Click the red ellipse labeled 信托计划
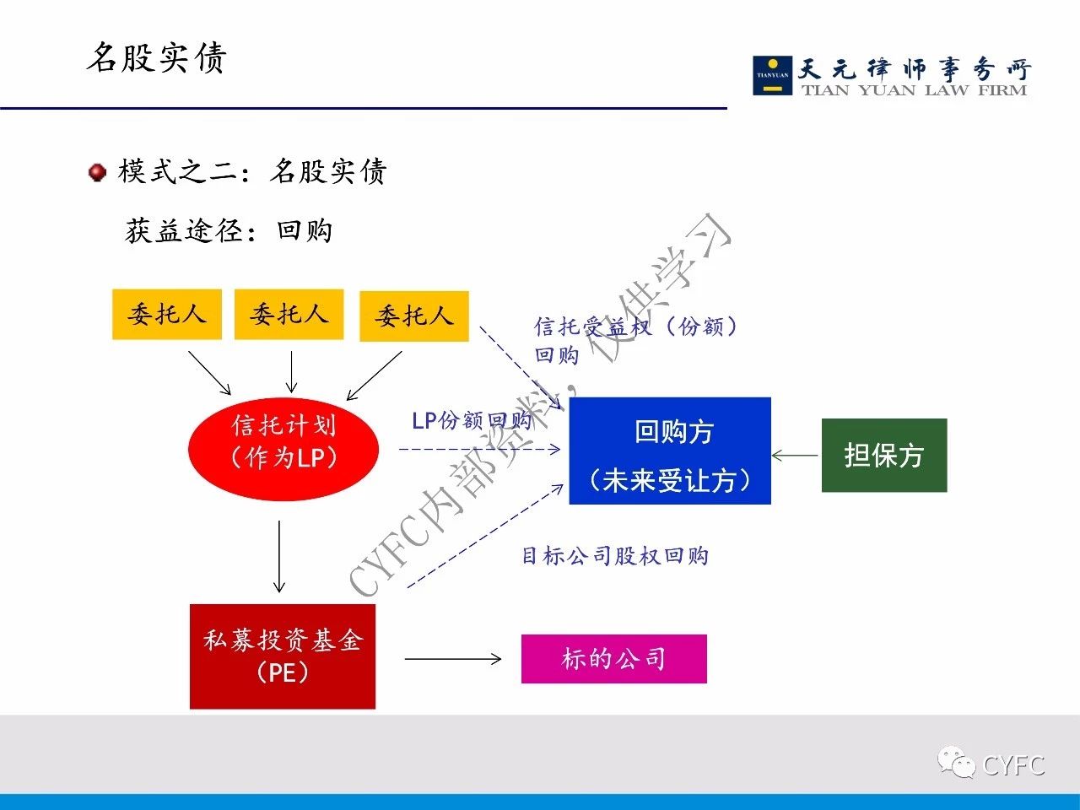283,449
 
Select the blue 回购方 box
670,451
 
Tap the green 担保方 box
884,455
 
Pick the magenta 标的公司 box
614,658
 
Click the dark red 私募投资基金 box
283,656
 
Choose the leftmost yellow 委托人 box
167,314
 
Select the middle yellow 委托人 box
289,314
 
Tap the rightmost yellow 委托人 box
414,316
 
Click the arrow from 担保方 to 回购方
795,456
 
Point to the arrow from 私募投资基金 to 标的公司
453,658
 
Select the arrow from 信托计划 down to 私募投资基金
279,557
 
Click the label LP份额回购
472,420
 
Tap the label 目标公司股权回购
614,556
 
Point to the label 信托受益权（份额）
635,326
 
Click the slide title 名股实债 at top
156,57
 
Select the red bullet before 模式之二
97,173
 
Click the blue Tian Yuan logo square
773,75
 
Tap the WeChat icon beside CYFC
956,762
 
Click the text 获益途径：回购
229,230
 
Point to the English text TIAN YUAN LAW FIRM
914,90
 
